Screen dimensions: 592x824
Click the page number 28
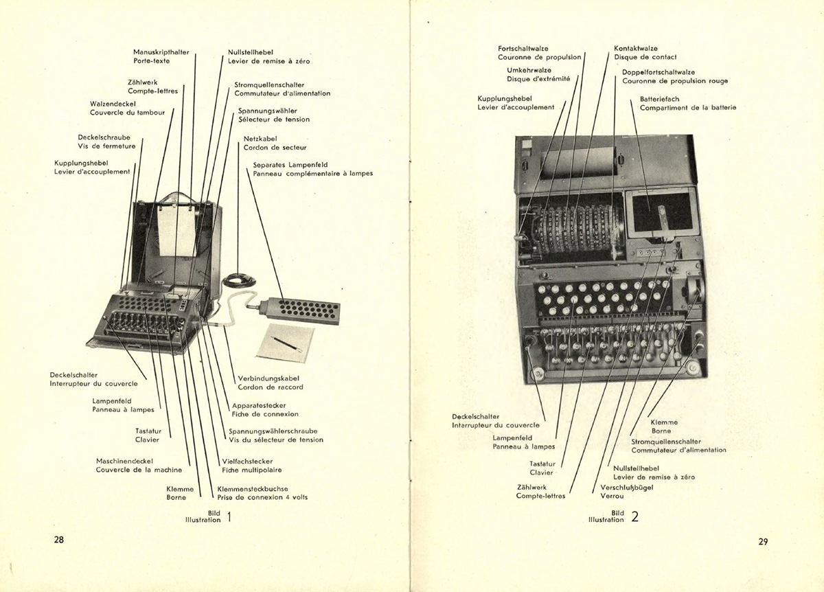(x=59, y=539)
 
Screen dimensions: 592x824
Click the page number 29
(x=763, y=541)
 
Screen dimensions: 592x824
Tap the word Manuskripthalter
(x=161, y=52)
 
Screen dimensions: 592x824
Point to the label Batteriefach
(x=660, y=99)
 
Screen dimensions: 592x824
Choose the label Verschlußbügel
(x=624, y=488)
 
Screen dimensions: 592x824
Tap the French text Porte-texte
(x=152, y=61)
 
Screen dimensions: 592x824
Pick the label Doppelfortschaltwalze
(x=659, y=72)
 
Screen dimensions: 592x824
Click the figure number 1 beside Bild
(x=229, y=516)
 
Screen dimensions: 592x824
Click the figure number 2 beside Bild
(x=634, y=516)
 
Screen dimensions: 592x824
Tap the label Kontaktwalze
(x=636, y=49)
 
